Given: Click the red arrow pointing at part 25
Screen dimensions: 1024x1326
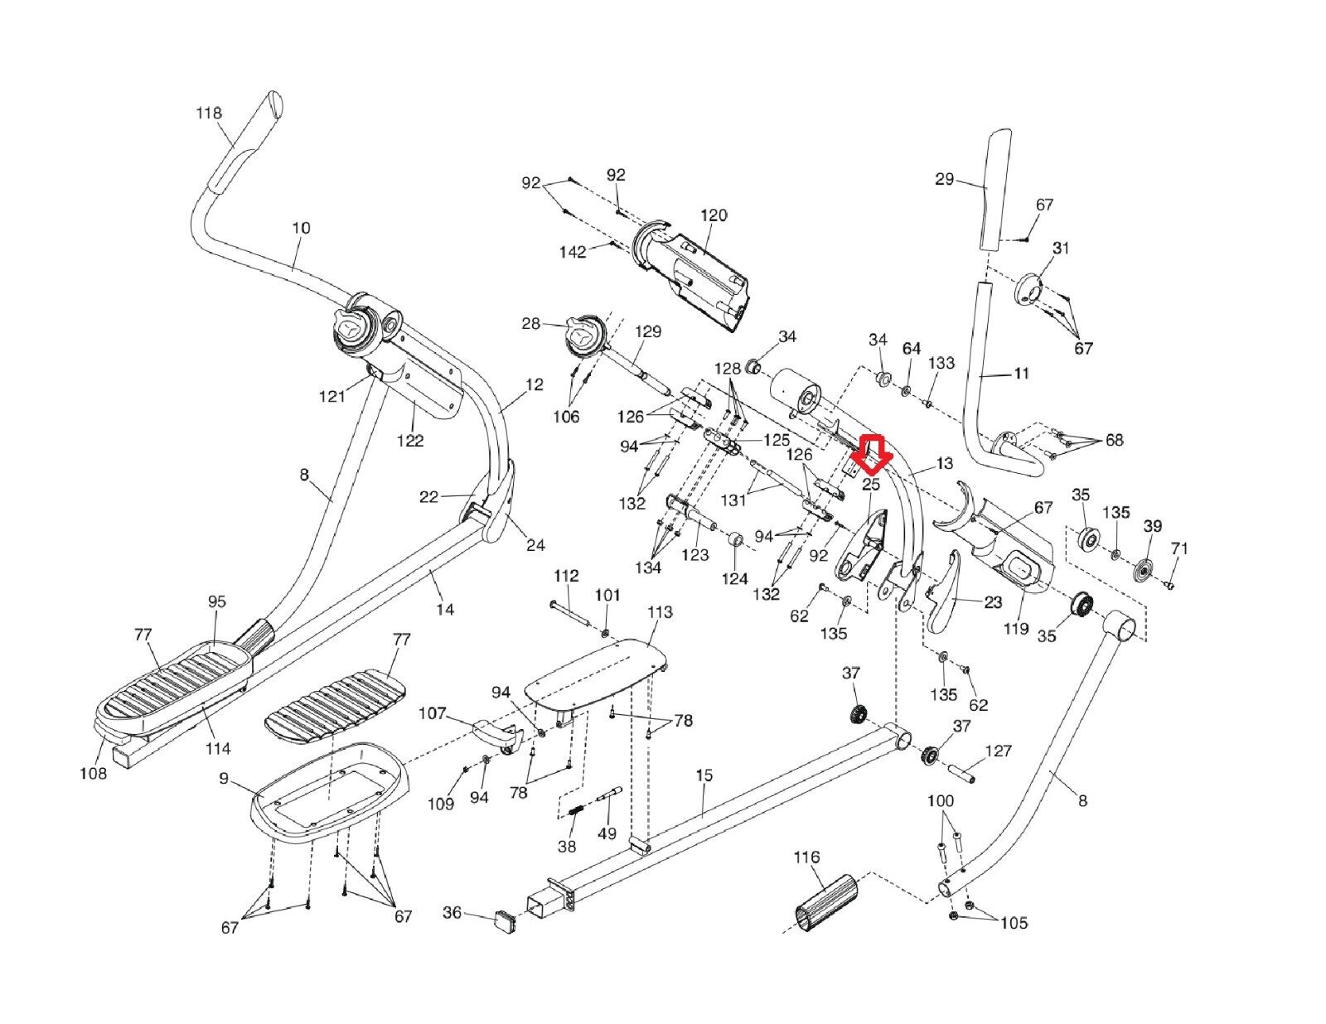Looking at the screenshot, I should click(x=872, y=452).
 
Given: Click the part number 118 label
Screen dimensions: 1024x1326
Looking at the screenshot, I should click(x=209, y=113).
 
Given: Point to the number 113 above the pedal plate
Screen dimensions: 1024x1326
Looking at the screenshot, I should click(x=660, y=612).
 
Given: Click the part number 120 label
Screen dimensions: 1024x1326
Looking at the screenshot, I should click(x=714, y=215).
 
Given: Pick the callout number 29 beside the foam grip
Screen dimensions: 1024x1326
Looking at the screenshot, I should click(x=945, y=179).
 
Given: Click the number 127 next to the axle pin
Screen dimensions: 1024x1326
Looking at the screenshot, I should click(x=999, y=751).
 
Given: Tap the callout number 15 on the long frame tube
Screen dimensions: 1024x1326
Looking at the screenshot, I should click(x=704, y=776).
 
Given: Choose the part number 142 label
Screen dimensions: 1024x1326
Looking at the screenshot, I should click(x=573, y=251).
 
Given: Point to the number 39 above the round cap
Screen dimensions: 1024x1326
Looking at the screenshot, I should click(x=1153, y=526).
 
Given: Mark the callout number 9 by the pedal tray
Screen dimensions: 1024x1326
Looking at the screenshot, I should click(x=224, y=778).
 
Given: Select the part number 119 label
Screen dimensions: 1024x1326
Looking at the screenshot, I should click(x=1016, y=628).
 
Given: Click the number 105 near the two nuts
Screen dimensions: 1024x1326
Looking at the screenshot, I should click(x=1014, y=922).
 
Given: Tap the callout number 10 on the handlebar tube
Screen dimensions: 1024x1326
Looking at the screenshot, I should click(x=302, y=227).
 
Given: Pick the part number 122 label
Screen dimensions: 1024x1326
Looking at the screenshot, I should click(x=410, y=441).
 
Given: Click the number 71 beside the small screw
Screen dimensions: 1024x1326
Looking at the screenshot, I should click(x=1179, y=548).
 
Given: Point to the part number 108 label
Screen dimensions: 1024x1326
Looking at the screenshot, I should click(x=93, y=774).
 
